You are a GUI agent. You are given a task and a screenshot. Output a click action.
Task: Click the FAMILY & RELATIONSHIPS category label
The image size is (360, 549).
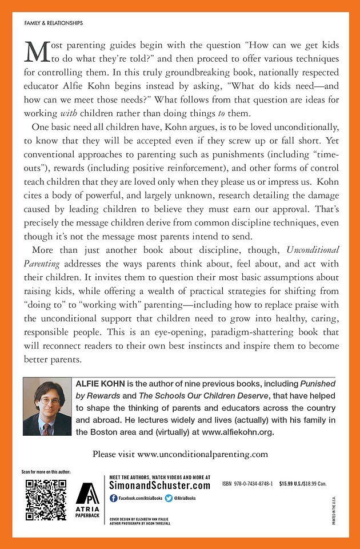[53, 23]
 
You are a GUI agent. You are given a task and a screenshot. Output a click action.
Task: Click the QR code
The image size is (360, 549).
[45, 499]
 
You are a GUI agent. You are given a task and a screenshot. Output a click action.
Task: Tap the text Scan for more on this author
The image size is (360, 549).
[45, 472]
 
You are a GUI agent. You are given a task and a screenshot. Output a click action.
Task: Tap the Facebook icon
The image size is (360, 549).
[113, 499]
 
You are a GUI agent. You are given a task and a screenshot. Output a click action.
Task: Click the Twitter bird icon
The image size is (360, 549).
[169, 499]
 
